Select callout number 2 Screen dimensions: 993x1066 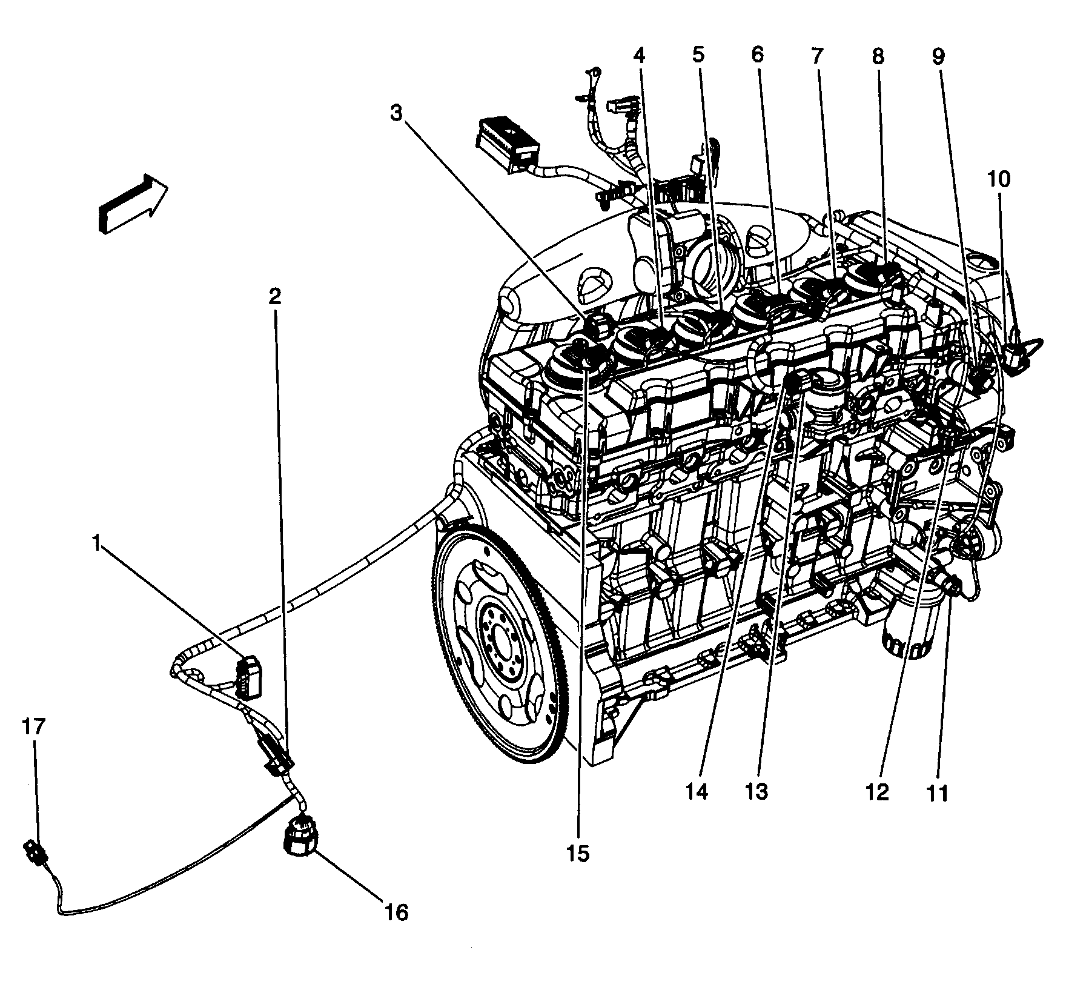[x=276, y=296]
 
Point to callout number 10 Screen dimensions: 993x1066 [x=999, y=179]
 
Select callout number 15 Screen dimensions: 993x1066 [x=578, y=854]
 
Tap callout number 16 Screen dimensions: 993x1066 [x=397, y=929]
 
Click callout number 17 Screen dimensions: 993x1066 [x=35, y=727]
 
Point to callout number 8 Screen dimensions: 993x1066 [x=878, y=56]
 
